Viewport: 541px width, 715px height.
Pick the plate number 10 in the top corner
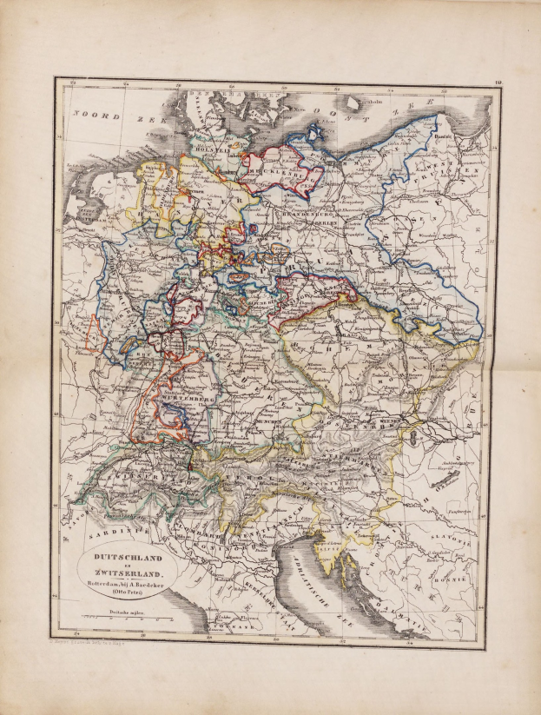[498, 83]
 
